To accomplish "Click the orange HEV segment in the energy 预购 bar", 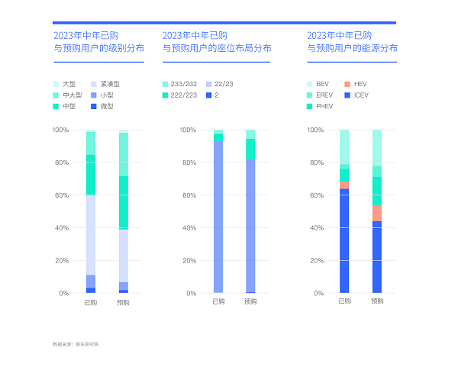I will (x=377, y=213).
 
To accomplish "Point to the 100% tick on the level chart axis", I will (x=60, y=130).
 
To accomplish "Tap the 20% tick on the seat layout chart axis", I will (x=189, y=260).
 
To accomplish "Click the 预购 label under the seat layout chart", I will (x=250, y=301).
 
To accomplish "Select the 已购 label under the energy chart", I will (x=344, y=301).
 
